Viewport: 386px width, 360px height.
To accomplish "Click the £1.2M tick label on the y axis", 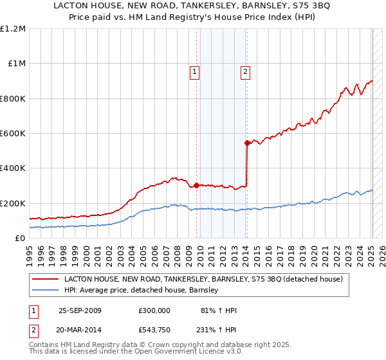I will click(x=13, y=29).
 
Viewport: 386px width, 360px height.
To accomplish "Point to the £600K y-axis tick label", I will click(x=13, y=134).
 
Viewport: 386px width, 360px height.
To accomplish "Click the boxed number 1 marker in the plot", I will click(x=194, y=72).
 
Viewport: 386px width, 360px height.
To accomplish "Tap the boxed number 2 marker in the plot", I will click(x=246, y=72).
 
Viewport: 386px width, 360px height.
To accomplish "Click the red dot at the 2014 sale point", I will click(x=247, y=143).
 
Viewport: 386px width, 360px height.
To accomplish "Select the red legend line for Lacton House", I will click(x=45, y=280).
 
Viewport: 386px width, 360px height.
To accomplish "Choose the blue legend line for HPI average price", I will click(x=45, y=291).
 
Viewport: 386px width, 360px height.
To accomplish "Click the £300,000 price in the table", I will click(x=154, y=310).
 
